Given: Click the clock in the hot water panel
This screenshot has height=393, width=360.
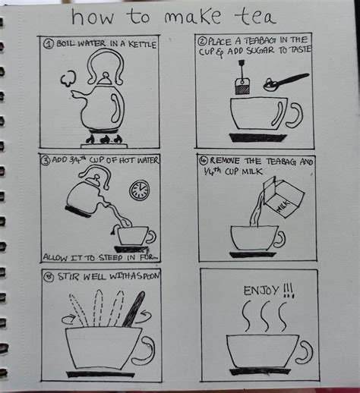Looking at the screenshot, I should coord(139,190).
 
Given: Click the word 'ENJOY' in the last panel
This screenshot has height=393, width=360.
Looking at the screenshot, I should coord(258,290).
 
